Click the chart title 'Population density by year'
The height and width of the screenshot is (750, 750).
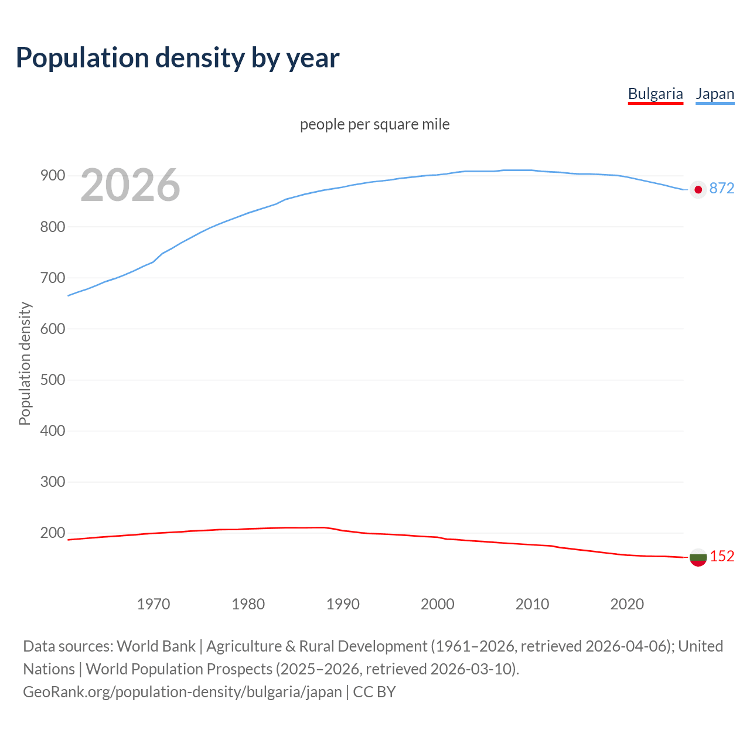tap(178, 57)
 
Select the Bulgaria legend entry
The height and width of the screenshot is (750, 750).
tap(655, 94)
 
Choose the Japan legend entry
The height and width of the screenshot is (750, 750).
tap(715, 94)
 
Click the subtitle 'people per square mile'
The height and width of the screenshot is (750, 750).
tap(375, 124)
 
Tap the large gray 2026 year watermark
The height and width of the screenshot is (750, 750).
tap(130, 185)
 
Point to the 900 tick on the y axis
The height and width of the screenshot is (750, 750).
tap(52, 176)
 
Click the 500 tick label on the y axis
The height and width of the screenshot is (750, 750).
tap(52, 380)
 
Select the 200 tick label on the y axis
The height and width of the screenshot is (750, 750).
tap(52, 533)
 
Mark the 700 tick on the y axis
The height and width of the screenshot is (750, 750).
tap(52, 278)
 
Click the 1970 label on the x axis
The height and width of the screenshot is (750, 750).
tap(154, 604)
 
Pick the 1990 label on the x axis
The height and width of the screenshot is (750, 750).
tap(343, 604)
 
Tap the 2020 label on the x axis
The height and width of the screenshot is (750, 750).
tap(627, 604)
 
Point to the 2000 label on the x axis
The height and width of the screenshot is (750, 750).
tap(438, 604)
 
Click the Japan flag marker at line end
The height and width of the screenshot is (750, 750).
tap(698, 189)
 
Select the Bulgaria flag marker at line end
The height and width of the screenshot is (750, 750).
tap(698, 557)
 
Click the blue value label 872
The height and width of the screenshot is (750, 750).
tap(722, 188)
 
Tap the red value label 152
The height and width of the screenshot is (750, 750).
tap(722, 556)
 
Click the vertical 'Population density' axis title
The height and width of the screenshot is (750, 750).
tap(25, 363)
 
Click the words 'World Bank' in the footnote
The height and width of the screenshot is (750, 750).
tap(156, 646)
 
